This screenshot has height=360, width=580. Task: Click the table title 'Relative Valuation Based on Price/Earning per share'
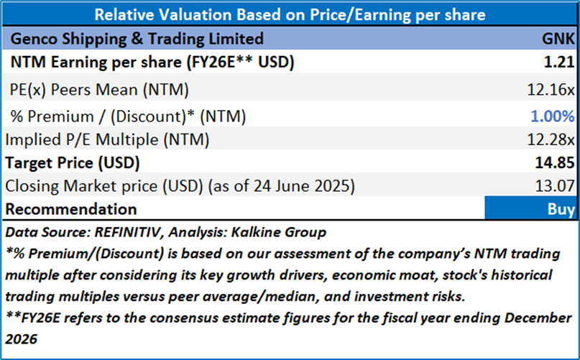click(290, 14)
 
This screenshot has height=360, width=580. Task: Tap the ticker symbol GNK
click(558, 38)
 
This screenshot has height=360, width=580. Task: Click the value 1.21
click(560, 63)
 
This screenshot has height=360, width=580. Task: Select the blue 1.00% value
click(552, 115)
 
